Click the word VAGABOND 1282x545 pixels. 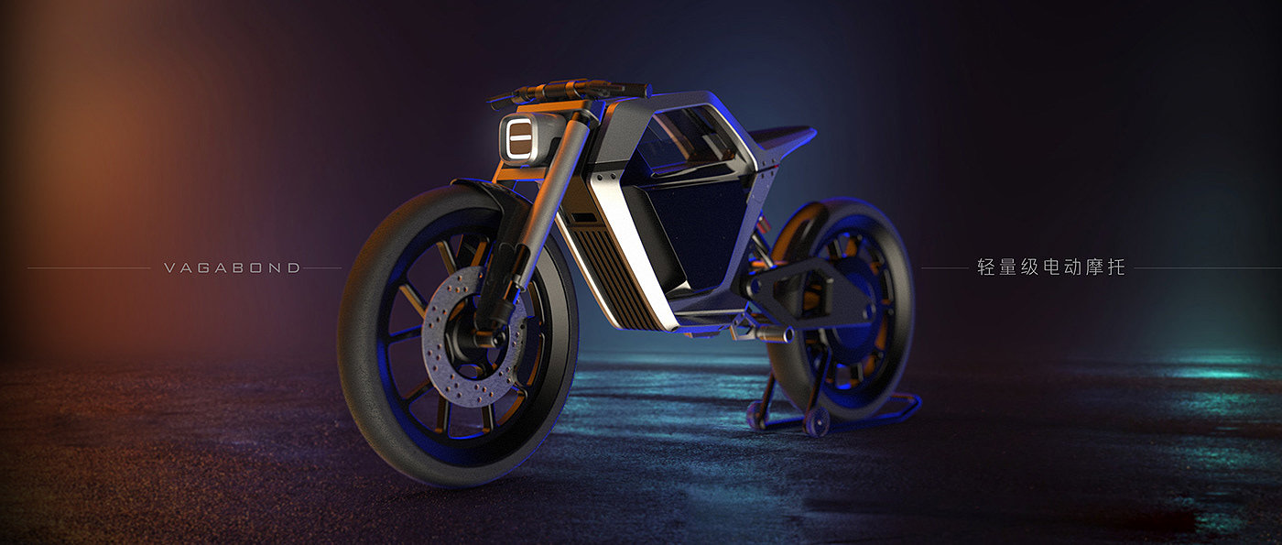pyautogui.click(x=232, y=267)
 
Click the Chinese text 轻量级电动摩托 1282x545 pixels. pyautogui.click(x=1051, y=267)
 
